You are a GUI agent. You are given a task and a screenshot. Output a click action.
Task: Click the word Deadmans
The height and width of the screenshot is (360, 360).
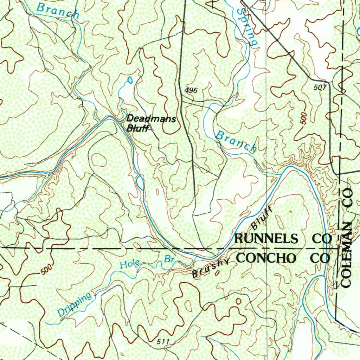[151, 119]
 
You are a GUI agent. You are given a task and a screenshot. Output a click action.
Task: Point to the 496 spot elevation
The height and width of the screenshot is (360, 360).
[191, 91]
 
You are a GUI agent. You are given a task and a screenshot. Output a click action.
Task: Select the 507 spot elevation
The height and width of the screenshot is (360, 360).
[320, 88]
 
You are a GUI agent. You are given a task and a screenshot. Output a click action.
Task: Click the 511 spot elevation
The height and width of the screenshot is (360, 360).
[163, 342]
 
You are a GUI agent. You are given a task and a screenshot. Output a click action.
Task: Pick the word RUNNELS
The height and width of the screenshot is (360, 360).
[266, 239]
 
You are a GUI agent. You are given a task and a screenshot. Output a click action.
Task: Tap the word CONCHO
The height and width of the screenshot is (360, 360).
[267, 258]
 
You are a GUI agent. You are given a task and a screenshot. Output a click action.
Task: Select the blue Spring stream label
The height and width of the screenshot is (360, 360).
[247, 26]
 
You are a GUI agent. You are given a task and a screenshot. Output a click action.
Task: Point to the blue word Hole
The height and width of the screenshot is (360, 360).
[129, 264]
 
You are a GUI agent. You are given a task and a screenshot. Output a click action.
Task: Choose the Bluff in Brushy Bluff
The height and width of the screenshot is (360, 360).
[262, 218]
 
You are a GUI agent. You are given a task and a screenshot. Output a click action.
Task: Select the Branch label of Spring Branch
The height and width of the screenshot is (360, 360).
[236, 141]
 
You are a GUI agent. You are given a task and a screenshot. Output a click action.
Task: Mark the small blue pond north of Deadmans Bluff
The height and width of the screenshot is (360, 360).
[130, 81]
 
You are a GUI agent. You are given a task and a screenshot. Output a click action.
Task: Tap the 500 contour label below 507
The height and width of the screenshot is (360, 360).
[304, 118]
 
